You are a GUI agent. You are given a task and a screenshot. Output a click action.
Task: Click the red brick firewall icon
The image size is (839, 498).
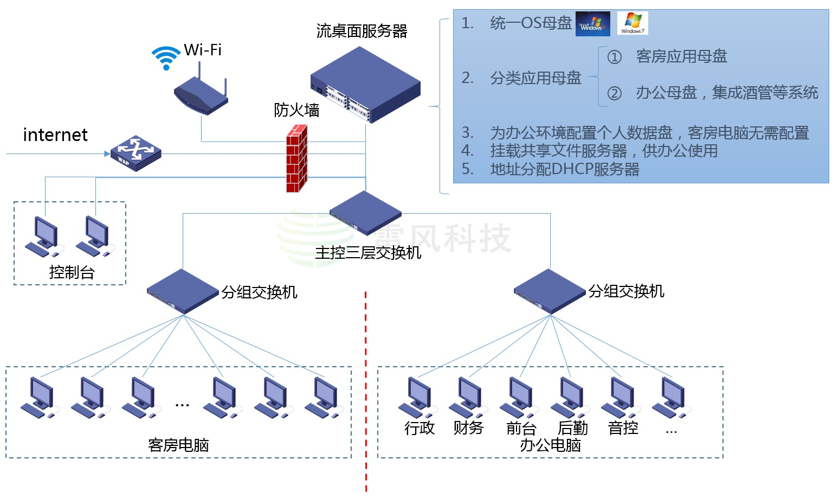(296, 158)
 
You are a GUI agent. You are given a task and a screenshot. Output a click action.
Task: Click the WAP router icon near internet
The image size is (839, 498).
(135, 154)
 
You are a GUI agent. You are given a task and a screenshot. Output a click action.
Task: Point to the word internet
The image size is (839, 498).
(55, 135)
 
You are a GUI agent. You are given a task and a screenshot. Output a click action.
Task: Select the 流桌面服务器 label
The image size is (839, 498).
(362, 31)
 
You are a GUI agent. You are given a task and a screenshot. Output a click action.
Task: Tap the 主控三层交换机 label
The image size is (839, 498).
(368, 253)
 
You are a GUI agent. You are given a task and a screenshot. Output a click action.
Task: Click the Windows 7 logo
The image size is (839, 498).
(632, 23)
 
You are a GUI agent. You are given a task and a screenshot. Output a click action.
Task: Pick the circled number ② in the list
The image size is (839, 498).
(614, 93)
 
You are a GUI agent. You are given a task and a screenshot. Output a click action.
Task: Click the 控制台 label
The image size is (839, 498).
(72, 272)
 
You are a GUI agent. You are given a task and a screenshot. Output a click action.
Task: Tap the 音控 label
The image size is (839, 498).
(623, 428)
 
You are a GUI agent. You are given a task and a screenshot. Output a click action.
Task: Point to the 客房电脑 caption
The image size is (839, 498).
(178, 445)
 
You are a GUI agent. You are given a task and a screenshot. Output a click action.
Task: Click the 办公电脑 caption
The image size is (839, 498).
(550, 445)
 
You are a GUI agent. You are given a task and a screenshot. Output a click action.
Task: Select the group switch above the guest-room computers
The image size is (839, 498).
(183, 291)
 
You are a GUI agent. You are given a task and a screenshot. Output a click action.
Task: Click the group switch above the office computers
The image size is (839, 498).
(550, 291)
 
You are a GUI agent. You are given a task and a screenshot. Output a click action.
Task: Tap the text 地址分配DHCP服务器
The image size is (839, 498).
(564, 169)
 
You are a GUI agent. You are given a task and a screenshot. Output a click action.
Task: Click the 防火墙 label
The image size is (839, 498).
(296, 110)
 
